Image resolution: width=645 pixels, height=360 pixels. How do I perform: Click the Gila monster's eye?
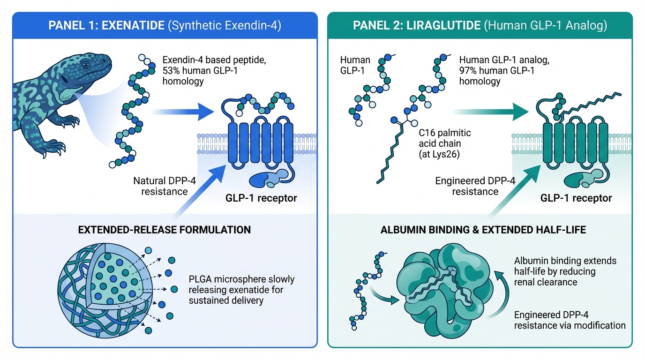click(85, 63)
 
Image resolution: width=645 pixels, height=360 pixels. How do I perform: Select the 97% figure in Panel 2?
click(469, 70)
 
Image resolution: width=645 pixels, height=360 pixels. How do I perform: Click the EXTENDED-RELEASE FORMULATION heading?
click(165, 230)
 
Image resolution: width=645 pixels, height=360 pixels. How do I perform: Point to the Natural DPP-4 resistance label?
click(161, 186)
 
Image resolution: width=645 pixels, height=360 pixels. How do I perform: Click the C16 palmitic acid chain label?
click(444, 139)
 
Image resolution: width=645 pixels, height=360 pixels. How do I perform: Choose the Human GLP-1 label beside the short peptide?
click(355, 65)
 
